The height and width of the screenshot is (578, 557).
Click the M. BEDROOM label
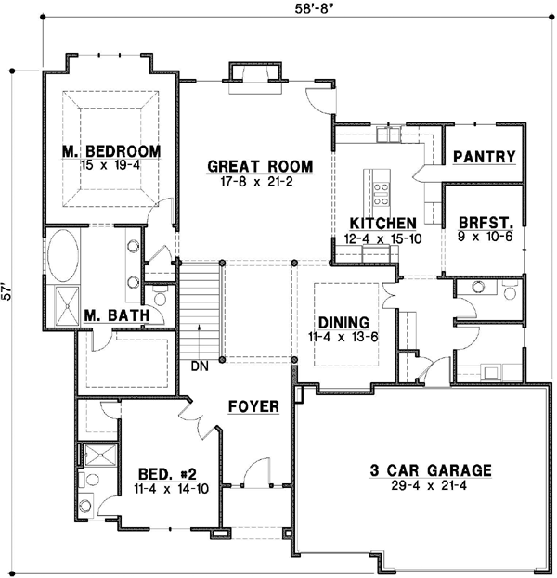pos(111,151)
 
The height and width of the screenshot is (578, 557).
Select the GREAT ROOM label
pos(260,167)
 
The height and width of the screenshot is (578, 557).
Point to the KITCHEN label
pos(382,224)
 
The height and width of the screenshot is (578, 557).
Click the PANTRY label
pos(483,158)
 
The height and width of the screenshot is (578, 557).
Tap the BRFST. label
pos(482,223)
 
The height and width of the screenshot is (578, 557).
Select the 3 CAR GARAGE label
pos(427,469)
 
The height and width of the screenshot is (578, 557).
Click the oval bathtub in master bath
pos(62,256)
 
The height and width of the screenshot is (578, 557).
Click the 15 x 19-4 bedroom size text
pos(111,164)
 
